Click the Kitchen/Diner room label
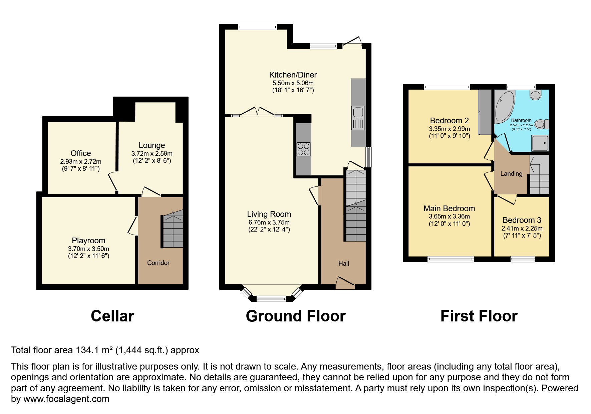coord(293,75)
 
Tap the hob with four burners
coord(303,149)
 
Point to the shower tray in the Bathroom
coord(540,143)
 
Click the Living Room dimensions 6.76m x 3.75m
coord(269,223)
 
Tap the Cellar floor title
coord(112,316)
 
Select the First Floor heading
coord(479,316)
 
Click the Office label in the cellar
coord(81,153)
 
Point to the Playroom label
coord(88,241)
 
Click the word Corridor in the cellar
coord(158,263)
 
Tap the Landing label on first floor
coord(511,174)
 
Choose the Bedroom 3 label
coord(522,220)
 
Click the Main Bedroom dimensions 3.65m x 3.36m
coord(449,217)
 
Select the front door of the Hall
coord(345,283)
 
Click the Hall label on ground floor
coord(343,264)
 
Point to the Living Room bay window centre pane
coord(271,298)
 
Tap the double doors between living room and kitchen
coord(257,112)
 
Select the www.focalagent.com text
coord(66,399)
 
